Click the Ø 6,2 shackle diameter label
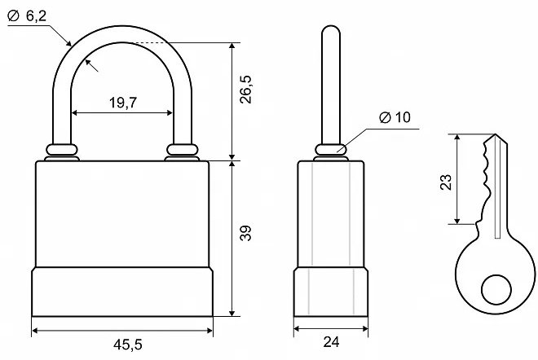click(x=27, y=15)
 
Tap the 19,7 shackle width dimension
click(x=123, y=103)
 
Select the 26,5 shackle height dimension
click(x=245, y=90)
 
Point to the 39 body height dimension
click(x=245, y=233)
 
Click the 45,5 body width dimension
click(x=128, y=345)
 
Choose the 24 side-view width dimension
click(x=331, y=342)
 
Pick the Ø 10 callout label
click(x=395, y=117)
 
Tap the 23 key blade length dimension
click(x=446, y=182)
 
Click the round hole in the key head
click(x=496, y=290)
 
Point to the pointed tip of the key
click(x=495, y=134)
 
